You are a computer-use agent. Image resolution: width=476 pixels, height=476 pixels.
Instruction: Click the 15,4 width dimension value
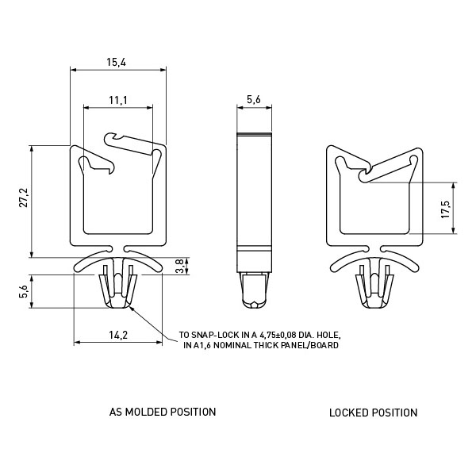point(116,62)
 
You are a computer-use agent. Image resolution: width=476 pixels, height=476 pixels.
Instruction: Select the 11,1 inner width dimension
point(118,100)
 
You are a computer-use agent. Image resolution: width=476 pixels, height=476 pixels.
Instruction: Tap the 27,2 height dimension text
point(24,198)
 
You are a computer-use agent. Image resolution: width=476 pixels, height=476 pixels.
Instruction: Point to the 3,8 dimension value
point(180,267)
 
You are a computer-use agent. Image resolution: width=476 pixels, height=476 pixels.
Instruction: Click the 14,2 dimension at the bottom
point(118,335)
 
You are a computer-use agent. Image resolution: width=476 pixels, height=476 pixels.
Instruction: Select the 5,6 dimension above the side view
point(254,99)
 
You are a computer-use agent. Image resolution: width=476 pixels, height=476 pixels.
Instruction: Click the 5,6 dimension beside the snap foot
point(24,292)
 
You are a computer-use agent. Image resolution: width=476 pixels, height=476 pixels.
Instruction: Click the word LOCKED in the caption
point(349,413)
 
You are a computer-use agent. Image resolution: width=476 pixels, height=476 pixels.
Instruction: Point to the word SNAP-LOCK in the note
point(215,335)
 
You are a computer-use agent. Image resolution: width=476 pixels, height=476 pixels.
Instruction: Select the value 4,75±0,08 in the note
point(278,335)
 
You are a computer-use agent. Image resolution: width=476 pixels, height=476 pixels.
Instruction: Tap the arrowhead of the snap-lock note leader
point(131,309)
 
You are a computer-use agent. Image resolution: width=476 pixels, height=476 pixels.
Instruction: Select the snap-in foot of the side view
point(254,290)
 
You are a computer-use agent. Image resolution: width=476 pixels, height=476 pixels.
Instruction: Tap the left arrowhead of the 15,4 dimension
point(73,70)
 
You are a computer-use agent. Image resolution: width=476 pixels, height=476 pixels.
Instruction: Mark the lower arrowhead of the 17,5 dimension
point(453,230)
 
